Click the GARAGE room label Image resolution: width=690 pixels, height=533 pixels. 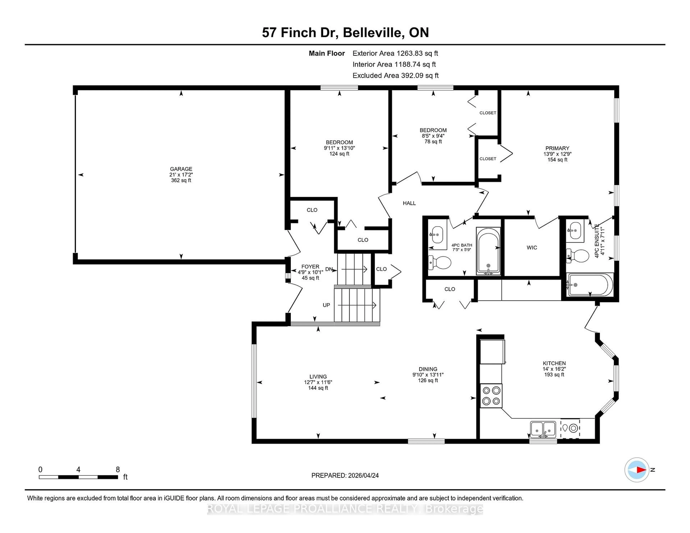tap(181, 169)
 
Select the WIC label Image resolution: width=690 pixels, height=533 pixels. tap(532, 248)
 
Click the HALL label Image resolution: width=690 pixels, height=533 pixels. tap(409, 203)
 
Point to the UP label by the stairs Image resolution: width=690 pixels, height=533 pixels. tap(326, 305)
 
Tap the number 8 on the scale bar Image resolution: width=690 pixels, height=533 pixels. tap(118, 470)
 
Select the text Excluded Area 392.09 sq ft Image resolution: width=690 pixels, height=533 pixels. tap(395, 75)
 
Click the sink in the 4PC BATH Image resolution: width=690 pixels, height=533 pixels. tap(437, 235)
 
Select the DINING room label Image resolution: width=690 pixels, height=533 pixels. tap(428, 369)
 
